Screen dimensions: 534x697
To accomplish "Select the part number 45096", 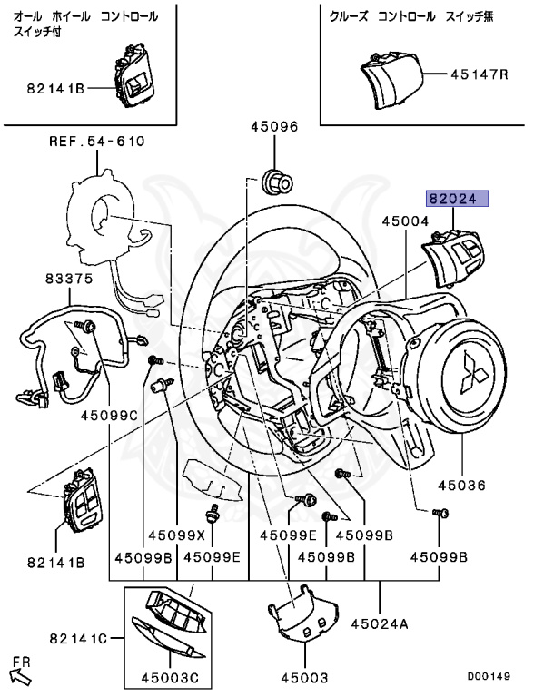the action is [274, 128].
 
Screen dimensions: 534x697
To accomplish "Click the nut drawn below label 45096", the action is [276, 182].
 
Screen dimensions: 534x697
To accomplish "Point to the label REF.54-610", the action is [97, 142].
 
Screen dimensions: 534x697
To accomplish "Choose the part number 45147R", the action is [480, 74].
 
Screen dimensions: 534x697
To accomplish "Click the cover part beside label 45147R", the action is [390, 81].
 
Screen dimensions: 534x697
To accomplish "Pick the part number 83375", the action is [69, 279].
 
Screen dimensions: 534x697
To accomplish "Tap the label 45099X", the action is [177, 535].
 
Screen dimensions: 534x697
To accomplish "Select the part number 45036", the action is [461, 485].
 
